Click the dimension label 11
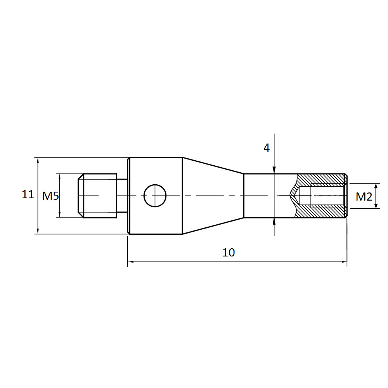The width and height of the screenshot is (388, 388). pos(28,194)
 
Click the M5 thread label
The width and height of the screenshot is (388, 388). pos(50,196)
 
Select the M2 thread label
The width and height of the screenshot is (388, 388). pos(364,197)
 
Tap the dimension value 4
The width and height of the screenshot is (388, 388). pos(267,148)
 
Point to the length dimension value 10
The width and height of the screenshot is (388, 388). pos(229,253)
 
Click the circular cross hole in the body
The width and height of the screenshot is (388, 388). pos(155,195)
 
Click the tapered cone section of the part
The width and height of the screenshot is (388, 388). pos(213,196)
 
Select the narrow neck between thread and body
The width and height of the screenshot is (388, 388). pos(122,196)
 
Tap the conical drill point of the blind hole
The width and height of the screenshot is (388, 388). pos(295,196)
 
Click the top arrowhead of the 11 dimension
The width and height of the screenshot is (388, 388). pos(38,160)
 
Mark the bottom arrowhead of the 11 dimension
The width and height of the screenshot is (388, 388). pos(38,231)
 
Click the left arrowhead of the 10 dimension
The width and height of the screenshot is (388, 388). pos(131,262)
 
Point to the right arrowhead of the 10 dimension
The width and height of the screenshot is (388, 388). pos(344,262)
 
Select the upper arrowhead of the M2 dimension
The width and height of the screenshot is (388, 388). pos(376,186)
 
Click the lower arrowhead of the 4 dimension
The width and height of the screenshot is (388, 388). pos(274,221)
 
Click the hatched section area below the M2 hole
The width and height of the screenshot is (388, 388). pos(322,213)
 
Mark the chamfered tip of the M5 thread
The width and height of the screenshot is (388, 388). pos(81,196)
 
